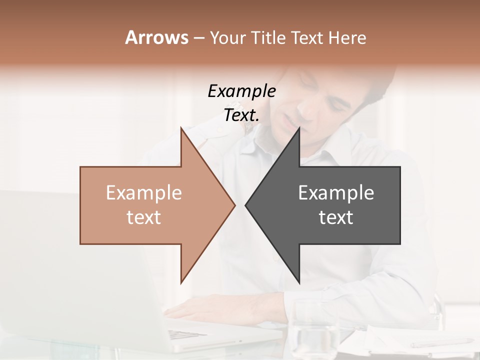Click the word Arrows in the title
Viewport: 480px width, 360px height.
pos(156,37)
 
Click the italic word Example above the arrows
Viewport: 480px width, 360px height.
pos(241,91)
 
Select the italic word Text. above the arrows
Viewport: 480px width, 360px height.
pos(241,115)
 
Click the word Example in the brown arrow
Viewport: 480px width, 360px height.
pos(144,193)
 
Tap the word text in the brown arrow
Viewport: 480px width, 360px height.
pos(144,217)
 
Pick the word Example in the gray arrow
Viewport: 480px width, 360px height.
pos(336,193)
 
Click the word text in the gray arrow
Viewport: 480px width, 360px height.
pos(336,217)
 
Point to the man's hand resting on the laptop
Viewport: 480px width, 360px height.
pos(200,307)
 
